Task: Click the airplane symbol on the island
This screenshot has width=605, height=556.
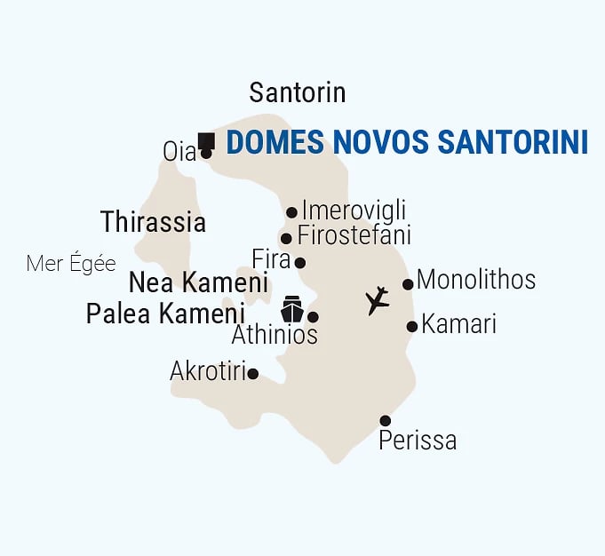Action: coord(378,301)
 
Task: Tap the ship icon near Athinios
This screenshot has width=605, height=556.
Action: coord(292,310)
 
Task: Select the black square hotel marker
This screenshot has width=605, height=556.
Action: coord(207,139)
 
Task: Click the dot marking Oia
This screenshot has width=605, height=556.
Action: coord(206,154)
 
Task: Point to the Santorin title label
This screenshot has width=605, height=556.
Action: coord(298,92)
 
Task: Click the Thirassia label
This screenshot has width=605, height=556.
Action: coord(153,222)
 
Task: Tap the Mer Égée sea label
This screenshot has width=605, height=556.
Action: coord(71,264)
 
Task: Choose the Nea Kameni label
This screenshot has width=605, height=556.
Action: coord(198,283)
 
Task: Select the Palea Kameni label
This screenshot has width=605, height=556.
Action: coord(165,314)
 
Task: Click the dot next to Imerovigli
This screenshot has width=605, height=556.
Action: coord(291,212)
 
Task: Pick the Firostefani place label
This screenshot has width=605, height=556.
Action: coord(354,236)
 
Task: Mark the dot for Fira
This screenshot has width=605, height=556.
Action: coord(300,263)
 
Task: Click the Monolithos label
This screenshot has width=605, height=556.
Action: coord(476,280)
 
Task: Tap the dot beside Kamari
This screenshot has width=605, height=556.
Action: coord(412,327)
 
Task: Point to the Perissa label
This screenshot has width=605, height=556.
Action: coord(418,440)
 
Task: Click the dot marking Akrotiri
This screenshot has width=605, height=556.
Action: coord(253,374)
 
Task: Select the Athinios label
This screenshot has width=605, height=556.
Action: coord(275,335)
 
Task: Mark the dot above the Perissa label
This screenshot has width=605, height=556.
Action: coord(385,421)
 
